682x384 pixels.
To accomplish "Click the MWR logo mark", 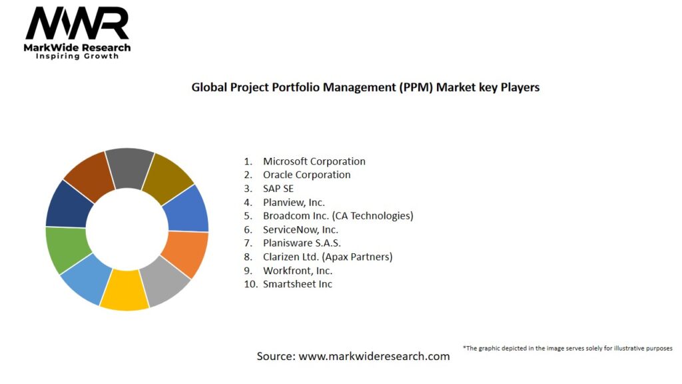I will pos(77,25).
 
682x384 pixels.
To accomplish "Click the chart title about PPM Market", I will pos(365,87).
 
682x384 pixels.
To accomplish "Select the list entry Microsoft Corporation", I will pos(314,161).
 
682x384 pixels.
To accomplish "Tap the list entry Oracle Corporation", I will pos(306,175).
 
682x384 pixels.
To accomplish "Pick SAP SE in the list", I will pos(278,189).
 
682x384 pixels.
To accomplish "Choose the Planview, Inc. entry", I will pos(294,202).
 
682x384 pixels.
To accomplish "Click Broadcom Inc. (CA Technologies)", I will pos(338,216).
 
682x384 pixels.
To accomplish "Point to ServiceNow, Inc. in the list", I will pos(300,229).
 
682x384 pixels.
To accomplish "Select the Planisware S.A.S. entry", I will pos(302,243).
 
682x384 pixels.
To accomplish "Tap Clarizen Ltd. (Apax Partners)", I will pos(328,257).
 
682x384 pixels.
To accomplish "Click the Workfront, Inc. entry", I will pos(297,271).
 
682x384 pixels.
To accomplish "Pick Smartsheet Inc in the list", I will pos(297,284).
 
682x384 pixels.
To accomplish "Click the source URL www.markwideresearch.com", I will pos(374,356).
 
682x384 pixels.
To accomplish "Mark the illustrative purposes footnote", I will pos(567,348).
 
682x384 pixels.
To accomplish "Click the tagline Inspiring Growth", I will pos(77,56).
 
